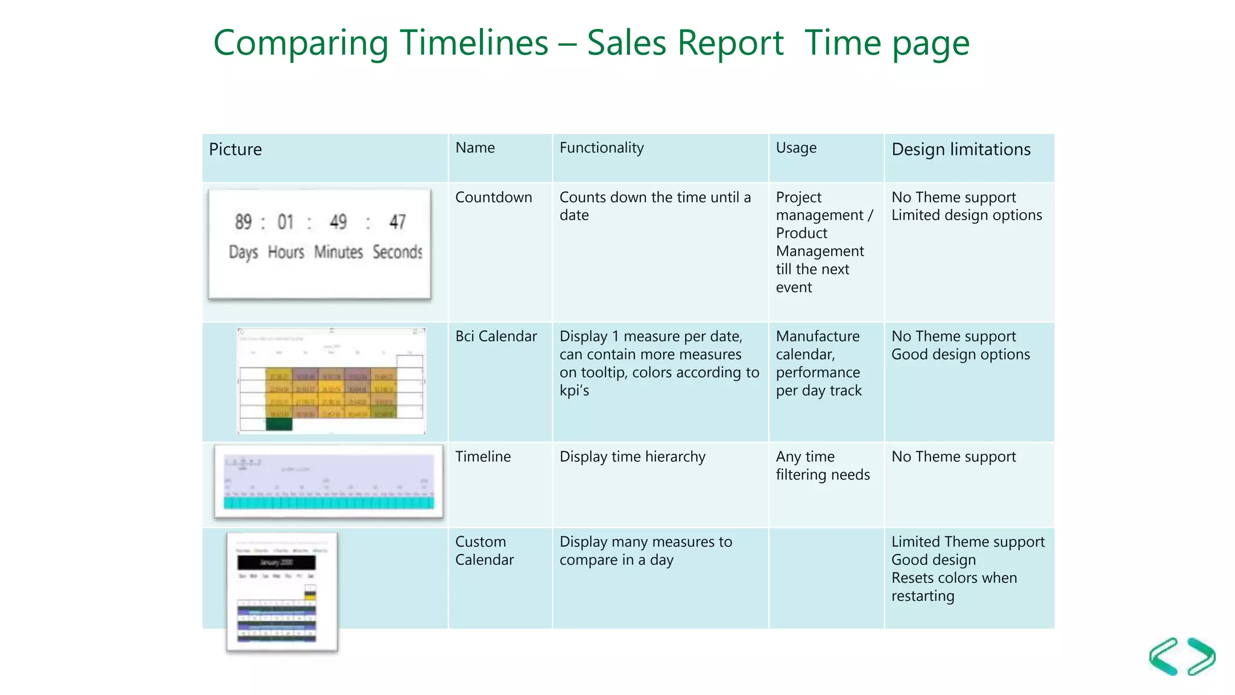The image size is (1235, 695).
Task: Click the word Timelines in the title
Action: pos(473,43)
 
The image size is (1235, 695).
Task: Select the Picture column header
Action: pos(235,150)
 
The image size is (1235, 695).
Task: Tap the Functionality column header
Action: pos(601,148)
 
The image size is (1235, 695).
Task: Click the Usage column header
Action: pos(796,148)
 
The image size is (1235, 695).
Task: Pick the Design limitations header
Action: pos(961,150)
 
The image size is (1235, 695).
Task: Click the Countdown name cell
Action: pos(493,197)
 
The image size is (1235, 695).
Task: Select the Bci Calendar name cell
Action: pos(496,336)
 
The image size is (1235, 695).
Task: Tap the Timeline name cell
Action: pos(482,457)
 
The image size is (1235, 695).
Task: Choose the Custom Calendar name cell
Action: pos(484,550)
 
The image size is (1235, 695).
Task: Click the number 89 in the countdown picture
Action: pos(243,222)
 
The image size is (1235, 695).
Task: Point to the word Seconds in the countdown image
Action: pos(397,252)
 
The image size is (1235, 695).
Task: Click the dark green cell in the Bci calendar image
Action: pos(279,425)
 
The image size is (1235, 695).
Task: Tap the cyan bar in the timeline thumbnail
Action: pos(329,503)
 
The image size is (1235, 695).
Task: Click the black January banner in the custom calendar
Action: pos(276,562)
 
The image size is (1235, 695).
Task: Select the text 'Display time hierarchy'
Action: pos(632,457)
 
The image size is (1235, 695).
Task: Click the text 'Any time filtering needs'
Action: pos(822,466)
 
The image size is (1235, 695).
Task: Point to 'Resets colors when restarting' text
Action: pos(953,586)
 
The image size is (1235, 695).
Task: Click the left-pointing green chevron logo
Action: pos(1164,656)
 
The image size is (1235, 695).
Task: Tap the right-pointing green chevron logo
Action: pos(1202,656)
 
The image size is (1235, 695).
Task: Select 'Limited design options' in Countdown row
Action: pos(966,215)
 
